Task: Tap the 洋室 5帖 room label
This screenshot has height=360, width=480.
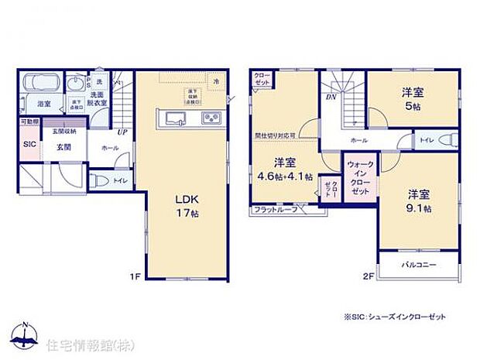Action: click(411, 99)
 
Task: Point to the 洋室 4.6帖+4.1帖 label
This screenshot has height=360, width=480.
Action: click(284, 169)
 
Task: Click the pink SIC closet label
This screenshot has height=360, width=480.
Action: click(29, 144)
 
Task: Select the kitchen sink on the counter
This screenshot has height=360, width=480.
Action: click(174, 118)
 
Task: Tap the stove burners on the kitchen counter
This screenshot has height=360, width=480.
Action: click(211, 118)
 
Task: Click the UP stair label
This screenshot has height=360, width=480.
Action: click(122, 132)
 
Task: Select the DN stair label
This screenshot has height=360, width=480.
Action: click(331, 97)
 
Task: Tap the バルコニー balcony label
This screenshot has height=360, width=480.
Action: click(419, 266)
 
